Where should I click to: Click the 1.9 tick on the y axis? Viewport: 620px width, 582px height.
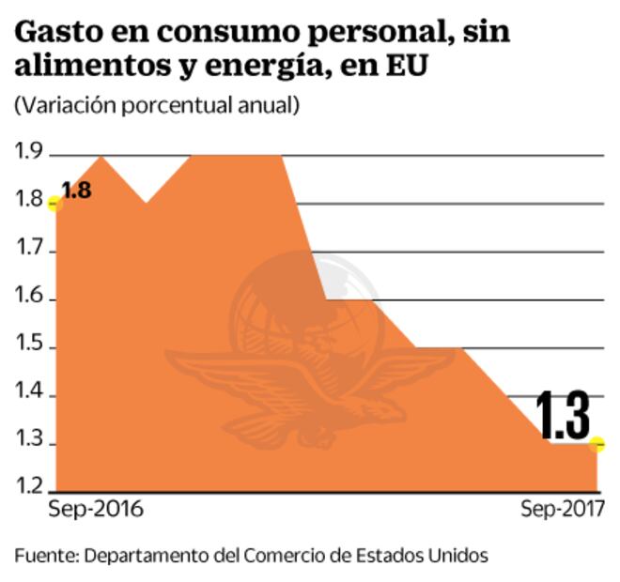(x=30, y=152)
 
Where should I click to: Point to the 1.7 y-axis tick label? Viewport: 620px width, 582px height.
(x=30, y=250)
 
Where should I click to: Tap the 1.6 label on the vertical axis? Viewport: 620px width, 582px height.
(x=30, y=299)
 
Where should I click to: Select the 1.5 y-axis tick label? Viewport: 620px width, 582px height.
(x=30, y=346)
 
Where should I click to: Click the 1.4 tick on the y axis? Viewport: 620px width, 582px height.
(x=30, y=395)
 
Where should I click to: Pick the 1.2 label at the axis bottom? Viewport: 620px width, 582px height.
(x=30, y=485)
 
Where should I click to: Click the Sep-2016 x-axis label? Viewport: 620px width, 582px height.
(x=95, y=510)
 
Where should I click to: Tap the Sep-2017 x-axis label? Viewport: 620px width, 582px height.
(x=563, y=510)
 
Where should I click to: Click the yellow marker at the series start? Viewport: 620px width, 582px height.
(x=54, y=202)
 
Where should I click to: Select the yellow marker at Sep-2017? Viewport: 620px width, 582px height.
(x=597, y=444)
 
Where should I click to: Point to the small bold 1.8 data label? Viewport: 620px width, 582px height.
(x=76, y=191)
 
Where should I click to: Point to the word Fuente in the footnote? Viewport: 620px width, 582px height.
(x=44, y=555)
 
